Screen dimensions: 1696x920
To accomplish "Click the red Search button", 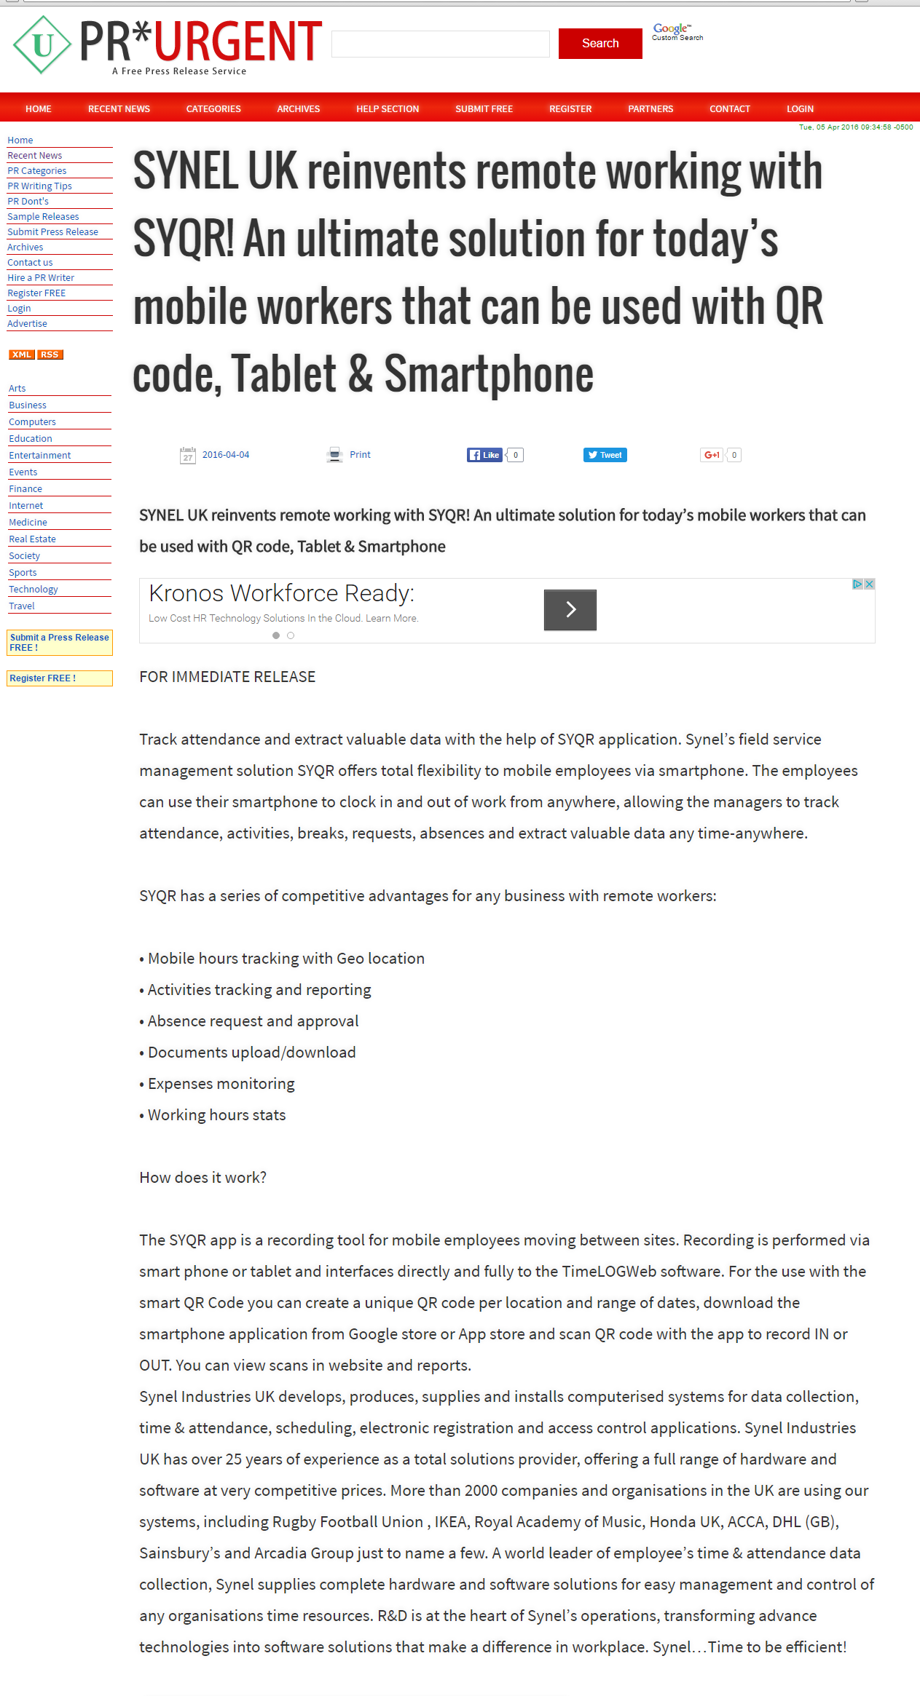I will coord(599,44).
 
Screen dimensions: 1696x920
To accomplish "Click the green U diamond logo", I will coord(42,45).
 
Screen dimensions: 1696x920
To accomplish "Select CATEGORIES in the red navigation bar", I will coord(213,109).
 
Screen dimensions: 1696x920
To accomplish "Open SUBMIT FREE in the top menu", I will coord(484,109).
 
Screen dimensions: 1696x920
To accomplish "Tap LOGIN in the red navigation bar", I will coord(800,109).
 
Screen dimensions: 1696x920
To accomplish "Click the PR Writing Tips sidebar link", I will coord(39,186).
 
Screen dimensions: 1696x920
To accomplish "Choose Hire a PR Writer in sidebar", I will coord(41,278).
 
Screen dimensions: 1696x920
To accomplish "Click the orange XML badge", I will coord(22,354).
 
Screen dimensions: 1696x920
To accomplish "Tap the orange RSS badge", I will coord(50,354).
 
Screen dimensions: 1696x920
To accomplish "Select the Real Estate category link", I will coord(32,539).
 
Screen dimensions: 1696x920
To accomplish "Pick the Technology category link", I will coord(34,590).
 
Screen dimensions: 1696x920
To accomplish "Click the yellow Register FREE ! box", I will coord(60,678).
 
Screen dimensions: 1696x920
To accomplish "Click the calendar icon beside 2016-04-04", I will coord(188,455).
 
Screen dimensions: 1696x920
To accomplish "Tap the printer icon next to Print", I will coord(334,455).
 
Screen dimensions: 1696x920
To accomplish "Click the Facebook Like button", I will coord(485,455).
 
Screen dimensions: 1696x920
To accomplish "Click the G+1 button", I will coord(711,455).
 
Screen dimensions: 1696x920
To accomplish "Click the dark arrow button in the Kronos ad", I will coord(570,610).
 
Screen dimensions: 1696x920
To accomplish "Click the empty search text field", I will coord(440,44).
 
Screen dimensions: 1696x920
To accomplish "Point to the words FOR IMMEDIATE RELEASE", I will coord(227,677).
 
